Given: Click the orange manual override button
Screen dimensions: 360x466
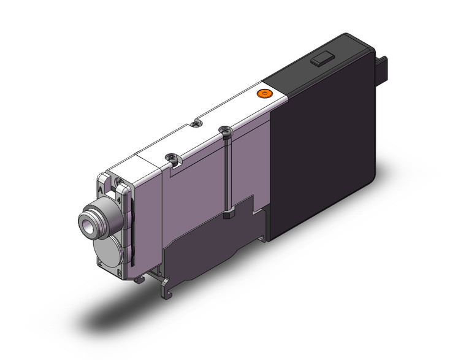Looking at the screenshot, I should (264, 93).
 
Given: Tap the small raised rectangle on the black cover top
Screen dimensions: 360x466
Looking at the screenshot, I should (320, 59).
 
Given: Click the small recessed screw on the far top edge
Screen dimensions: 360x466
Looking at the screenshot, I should (196, 123).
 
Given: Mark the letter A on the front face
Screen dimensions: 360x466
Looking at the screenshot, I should (101, 190).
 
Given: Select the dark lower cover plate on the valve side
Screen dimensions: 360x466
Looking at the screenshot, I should (202, 245).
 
